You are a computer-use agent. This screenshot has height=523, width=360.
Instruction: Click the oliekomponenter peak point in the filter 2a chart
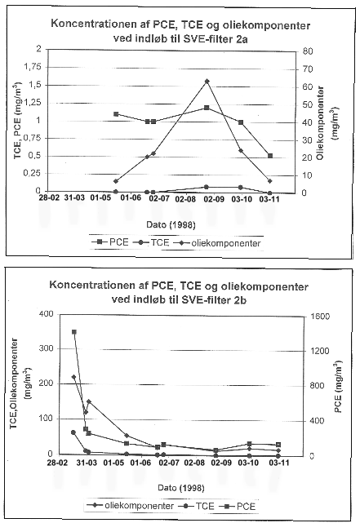pos(207,81)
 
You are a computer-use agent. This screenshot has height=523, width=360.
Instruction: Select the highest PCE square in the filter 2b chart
pos(74,332)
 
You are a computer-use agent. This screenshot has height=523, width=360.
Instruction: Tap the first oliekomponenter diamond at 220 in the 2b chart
pos(73,377)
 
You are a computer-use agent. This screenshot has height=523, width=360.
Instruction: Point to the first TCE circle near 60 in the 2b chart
pos(73,432)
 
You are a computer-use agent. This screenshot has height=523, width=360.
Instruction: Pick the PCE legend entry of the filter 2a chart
pos(110,242)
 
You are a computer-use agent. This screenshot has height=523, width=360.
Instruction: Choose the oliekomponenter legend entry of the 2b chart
pos(131,506)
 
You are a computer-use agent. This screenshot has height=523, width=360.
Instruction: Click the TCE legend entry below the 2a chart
pos(151,242)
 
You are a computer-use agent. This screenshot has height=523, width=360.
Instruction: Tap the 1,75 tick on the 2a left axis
pos(33,67)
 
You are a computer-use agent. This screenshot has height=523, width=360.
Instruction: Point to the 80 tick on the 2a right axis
pos(308,51)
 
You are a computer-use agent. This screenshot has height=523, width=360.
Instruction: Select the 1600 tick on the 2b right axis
pos(319,317)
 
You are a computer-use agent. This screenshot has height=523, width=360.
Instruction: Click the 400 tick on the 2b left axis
pos(46,314)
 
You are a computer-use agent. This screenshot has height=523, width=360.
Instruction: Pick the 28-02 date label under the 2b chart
pos(59,463)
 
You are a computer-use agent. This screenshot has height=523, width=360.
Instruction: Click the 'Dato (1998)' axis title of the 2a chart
pos(171,225)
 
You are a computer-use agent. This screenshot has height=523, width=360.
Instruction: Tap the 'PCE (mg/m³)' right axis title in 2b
pos(338,386)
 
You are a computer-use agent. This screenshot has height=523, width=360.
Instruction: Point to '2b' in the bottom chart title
pos(240,300)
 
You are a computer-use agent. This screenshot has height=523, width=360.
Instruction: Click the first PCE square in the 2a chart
pos(116,114)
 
